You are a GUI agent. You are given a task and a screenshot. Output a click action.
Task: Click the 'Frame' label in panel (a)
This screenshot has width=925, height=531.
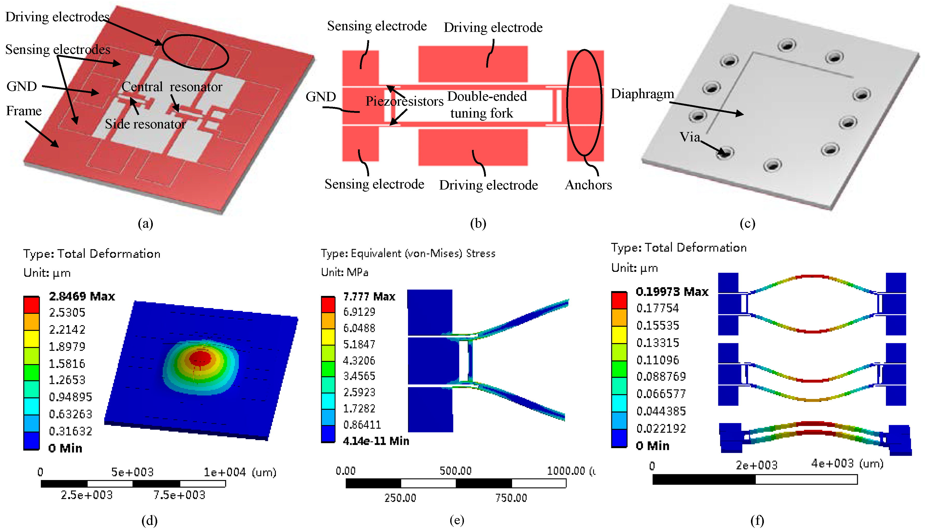(24, 111)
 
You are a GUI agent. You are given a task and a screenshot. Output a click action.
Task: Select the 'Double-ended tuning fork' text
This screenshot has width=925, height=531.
(487, 105)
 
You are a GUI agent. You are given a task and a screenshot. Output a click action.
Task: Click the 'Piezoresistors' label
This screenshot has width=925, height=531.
(404, 101)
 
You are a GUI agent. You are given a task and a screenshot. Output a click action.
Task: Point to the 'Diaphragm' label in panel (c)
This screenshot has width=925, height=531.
(642, 94)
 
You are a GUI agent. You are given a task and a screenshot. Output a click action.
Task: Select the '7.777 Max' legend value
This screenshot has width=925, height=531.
(369, 296)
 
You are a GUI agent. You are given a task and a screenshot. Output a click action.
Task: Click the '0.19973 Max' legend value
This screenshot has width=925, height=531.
(672, 292)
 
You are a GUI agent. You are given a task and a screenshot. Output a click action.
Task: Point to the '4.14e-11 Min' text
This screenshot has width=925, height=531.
(376, 441)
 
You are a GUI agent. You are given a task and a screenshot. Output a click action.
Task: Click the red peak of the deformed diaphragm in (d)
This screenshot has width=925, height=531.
(200, 359)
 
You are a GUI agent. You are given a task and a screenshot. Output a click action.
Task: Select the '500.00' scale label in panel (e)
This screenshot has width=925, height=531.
(455, 471)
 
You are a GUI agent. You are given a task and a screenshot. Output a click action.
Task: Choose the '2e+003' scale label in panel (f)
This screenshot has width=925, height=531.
(756, 465)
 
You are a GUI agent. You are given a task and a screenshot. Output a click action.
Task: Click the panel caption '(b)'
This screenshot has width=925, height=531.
(478, 223)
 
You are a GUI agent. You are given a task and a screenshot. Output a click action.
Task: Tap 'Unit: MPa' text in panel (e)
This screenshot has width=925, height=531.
(345, 272)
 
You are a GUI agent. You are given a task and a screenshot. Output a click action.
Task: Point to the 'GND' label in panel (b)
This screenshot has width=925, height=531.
(320, 97)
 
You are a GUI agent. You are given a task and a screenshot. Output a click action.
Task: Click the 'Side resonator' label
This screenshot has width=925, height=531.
(145, 124)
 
